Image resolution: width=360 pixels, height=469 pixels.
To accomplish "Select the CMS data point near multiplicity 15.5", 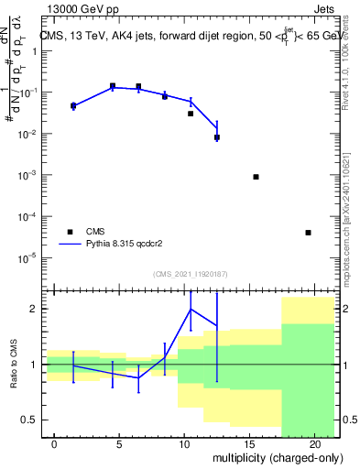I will pyautogui.click(x=256, y=177).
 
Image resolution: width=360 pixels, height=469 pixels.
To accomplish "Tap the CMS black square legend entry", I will pyautogui.click(x=69, y=232).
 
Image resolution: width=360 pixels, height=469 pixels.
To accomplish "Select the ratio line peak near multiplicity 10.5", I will pyautogui.click(x=191, y=309).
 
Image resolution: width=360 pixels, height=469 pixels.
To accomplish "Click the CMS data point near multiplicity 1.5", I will pyautogui.click(x=73, y=106).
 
